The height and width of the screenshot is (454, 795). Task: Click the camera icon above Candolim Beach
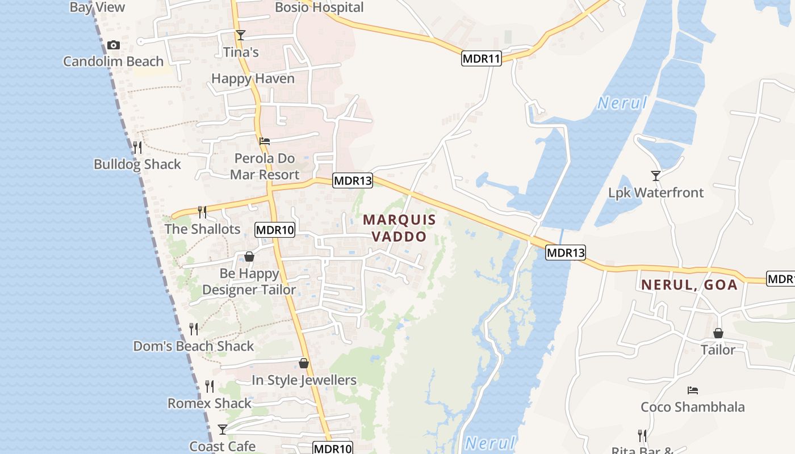114,45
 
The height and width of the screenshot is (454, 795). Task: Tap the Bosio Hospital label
319,7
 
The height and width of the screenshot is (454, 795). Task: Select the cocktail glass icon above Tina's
241,35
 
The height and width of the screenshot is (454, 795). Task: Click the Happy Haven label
253,78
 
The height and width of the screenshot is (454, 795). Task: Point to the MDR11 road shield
482,58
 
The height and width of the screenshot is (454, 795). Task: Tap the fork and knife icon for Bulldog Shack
137,148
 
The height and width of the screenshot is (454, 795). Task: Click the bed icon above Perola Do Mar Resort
265,141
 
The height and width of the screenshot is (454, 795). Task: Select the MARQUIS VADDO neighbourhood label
400,228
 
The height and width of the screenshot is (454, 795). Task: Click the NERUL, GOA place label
689,285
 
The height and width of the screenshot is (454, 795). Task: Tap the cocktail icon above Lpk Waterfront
656,176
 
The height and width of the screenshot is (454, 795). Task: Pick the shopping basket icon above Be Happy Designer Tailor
249,257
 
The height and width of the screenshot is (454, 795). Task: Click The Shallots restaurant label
203,229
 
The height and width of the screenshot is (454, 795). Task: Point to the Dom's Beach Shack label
194,346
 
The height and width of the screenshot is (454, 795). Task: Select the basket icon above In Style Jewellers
304,363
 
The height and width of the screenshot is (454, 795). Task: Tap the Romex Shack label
210,403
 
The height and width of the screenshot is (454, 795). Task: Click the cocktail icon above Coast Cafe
223,430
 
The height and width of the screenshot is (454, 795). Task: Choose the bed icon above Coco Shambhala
692,390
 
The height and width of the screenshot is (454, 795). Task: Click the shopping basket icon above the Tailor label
718,333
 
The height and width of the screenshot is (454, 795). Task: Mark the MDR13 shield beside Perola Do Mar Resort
353,181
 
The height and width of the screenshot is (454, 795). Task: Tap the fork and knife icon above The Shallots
202,212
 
